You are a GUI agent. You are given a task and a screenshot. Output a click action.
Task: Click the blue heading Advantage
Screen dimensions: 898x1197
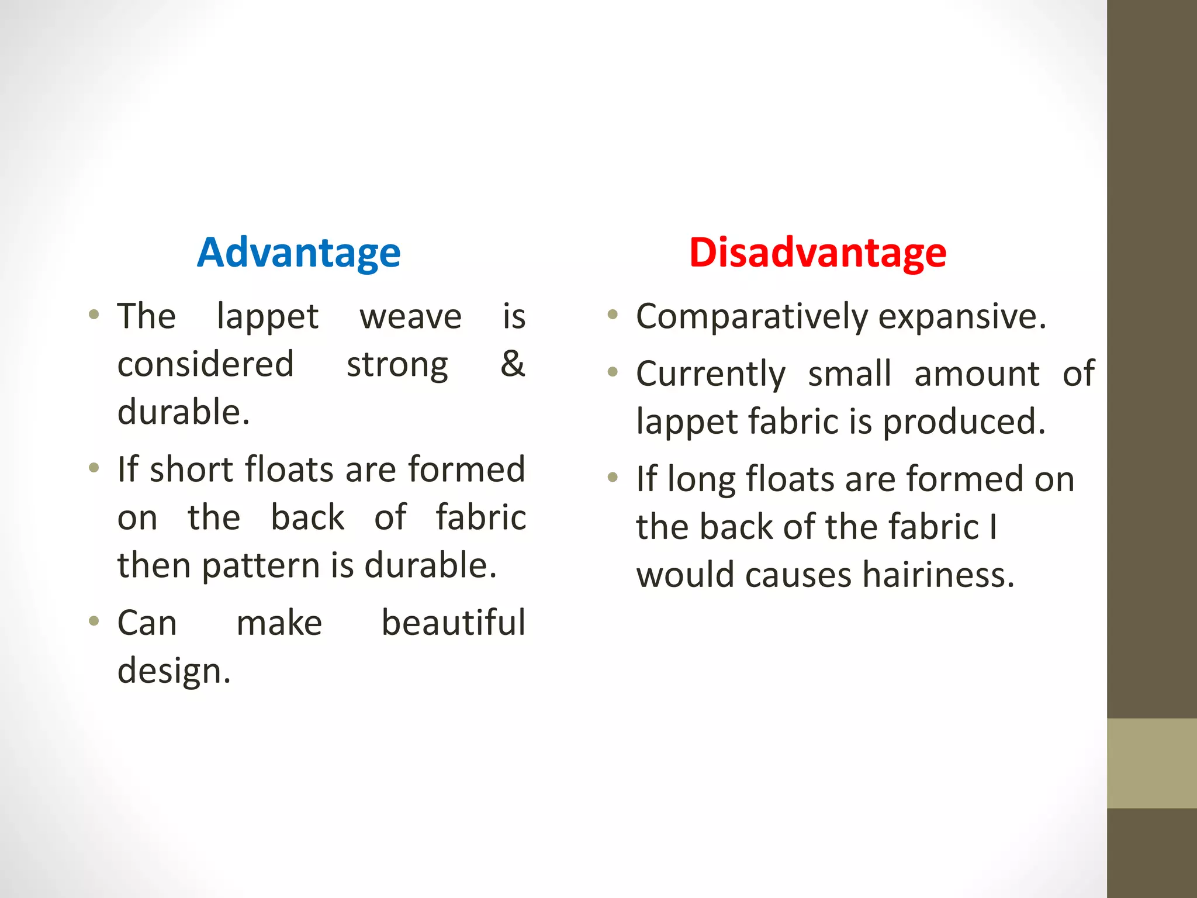pyautogui.click(x=299, y=253)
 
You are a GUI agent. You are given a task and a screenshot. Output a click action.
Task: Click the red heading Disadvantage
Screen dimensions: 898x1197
pyautogui.click(x=818, y=253)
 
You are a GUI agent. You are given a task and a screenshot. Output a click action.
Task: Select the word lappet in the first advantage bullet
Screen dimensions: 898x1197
pyautogui.click(x=267, y=317)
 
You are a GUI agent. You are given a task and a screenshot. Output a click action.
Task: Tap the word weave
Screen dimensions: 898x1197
pyautogui.click(x=410, y=317)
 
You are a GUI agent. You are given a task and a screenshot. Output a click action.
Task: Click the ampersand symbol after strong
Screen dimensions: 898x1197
pyautogui.click(x=513, y=364)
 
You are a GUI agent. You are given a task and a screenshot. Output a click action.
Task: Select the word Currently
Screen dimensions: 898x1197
pyautogui.click(x=711, y=374)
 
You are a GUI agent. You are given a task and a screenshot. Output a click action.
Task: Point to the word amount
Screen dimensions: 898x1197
pyautogui.click(x=977, y=374)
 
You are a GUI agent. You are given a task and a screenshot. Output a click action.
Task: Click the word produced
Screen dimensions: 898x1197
pyautogui.click(x=963, y=422)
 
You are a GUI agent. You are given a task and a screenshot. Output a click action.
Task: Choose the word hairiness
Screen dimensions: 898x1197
pyautogui.click(x=938, y=575)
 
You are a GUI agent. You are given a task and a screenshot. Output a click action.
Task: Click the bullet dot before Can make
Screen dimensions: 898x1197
pyautogui.click(x=94, y=620)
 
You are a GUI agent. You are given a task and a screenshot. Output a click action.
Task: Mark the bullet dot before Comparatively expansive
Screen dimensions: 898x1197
pyautogui.click(x=613, y=315)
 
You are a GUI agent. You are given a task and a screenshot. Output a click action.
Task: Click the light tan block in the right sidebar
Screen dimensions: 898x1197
pyautogui.click(x=1151, y=763)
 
